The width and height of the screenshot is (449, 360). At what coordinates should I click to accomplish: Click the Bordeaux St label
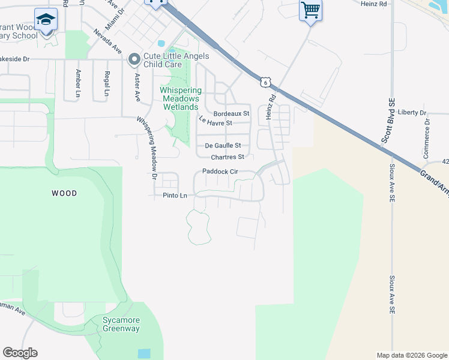point(231,113)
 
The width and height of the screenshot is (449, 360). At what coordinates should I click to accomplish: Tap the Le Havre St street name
point(215,122)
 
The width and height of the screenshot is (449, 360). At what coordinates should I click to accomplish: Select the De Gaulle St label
point(223,145)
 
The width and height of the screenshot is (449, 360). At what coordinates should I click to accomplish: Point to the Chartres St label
point(227,157)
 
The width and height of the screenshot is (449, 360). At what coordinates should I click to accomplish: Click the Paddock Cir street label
point(220,172)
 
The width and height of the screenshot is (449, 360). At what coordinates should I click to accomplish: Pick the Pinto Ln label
point(175,196)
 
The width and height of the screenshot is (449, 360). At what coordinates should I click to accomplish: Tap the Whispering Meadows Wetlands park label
point(181,98)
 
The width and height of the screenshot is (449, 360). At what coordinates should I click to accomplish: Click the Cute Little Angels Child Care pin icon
point(134,60)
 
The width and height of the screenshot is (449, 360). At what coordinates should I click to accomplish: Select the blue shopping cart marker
point(310,10)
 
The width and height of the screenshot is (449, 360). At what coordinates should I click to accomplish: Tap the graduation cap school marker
point(46,20)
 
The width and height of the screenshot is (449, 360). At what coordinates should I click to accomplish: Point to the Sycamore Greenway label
point(121,325)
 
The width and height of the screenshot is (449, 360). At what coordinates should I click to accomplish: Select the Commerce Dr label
point(426,138)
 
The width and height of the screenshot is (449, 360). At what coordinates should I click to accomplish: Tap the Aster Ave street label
point(137,87)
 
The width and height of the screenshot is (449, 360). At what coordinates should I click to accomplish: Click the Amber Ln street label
point(78,83)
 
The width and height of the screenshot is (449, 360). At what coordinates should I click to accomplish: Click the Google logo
point(20,353)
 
